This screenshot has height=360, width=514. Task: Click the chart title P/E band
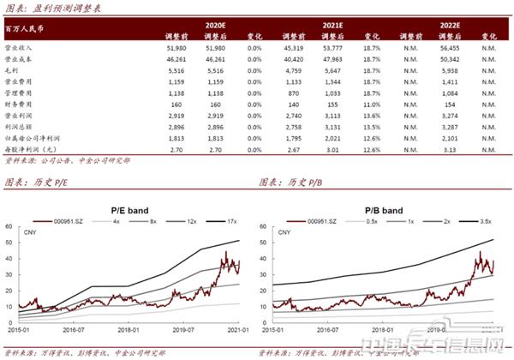click(129, 207)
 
